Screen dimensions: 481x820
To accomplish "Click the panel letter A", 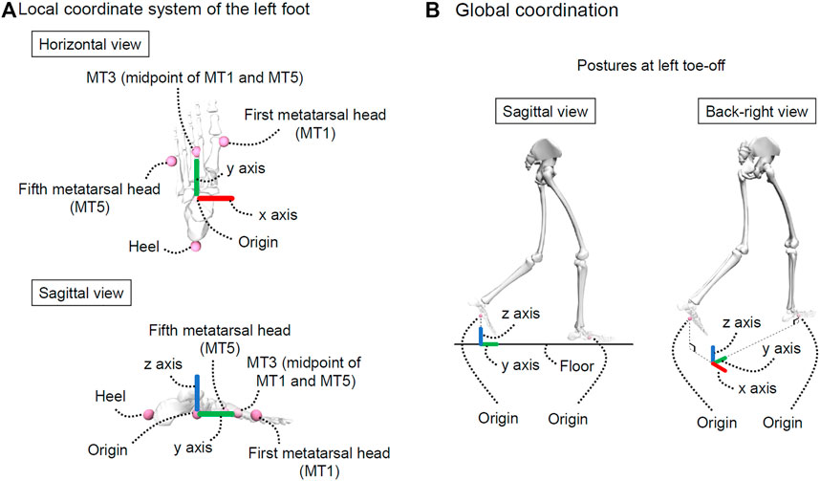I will [x=9, y=11].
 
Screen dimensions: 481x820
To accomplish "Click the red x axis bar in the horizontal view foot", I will [x=215, y=199].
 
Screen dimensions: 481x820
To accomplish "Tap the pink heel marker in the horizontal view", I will [x=196, y=247].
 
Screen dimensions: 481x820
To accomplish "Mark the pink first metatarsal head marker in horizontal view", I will [x=225, y=142].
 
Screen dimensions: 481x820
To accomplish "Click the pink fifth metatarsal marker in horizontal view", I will [x=171, y=160].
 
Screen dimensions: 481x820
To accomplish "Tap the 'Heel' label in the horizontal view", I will [x=143, y=248].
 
